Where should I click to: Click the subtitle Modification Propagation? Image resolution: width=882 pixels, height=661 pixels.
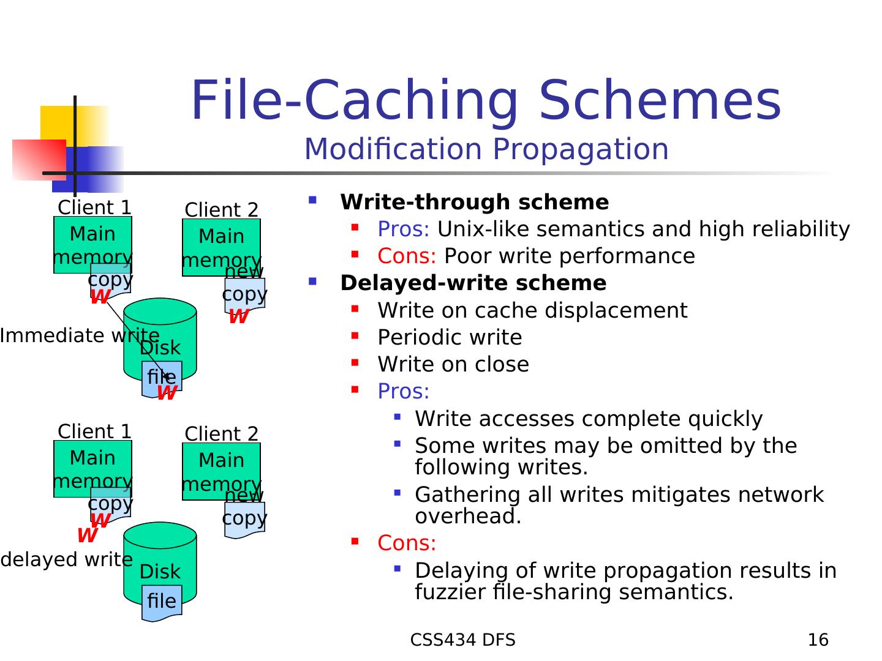click(486, 149)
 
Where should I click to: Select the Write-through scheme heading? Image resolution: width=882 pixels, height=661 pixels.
click(474, 202)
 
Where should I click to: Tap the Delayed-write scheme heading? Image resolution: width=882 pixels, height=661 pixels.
click(473, 283)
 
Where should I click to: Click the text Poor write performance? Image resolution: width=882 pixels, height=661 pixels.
click(569, 256)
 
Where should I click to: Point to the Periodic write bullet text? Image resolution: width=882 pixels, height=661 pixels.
click(450, 337)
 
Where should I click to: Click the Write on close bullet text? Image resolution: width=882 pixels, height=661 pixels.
click(453, 364)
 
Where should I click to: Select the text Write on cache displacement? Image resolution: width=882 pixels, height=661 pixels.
click(532, 310)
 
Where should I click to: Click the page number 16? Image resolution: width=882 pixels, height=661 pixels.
click(818, 640)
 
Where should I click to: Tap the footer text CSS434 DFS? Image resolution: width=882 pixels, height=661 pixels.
click(462, 640)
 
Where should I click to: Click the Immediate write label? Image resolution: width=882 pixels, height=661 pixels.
click(79, 335)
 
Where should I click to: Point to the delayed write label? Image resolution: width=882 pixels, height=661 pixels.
click(66, 559)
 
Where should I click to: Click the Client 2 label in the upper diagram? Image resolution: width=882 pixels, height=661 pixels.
click(221, 210)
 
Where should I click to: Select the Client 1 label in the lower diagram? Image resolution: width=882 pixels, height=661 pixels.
click(94, 431)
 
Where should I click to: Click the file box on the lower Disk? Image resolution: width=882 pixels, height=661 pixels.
click(162, 601)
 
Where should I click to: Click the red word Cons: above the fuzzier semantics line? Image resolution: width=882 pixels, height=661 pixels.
click(407, 543)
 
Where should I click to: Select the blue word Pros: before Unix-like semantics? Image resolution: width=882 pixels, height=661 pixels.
click(404, 229)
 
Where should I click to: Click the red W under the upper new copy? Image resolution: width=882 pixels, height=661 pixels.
click(238, 316)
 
